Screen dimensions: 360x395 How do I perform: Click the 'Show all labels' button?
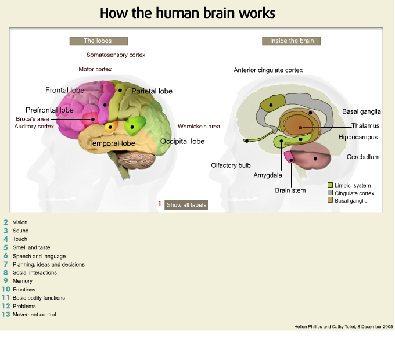pyautogui.click(x=186, y=205)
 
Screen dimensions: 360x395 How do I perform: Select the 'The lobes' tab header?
pyautogui.click(x=98, y=41)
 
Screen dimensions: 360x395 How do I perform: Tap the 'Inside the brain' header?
pyautogui.click(x=292, y=41)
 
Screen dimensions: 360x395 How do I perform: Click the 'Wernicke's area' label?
pyautogui.click(x=199, y=126)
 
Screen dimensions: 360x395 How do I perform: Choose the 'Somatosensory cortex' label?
pyautogui.click(x=116, y=55)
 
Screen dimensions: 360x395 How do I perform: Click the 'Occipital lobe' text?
pyautogui.click(x=182, y=141)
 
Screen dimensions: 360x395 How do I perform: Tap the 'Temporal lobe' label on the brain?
pyautogui.click(x=112, y=143)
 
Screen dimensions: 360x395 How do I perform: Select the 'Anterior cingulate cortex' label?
pyautogui.click(x=268, y=70)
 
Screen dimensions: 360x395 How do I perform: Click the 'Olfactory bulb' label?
pyautogui.click(x=231, y=165)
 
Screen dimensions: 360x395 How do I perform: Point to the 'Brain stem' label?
pyautogui.click(x=290, y=190)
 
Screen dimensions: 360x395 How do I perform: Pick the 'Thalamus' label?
pyautogui.click(x=365, y=125)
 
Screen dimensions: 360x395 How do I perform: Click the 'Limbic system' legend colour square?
pyautogui.click(x=330, y=185)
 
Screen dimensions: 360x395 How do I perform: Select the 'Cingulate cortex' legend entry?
pyautogui.click(x=354, y=193)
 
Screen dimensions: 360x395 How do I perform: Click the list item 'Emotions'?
pyautogui.click(x=24, y=290)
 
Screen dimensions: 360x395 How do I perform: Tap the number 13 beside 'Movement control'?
pyautogui.click(x=6, y=315)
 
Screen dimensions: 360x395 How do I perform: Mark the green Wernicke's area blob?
pyautogui.click(x=135, y=124)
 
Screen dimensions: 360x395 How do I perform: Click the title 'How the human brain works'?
pyautogui.click(x=188, y=13)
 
